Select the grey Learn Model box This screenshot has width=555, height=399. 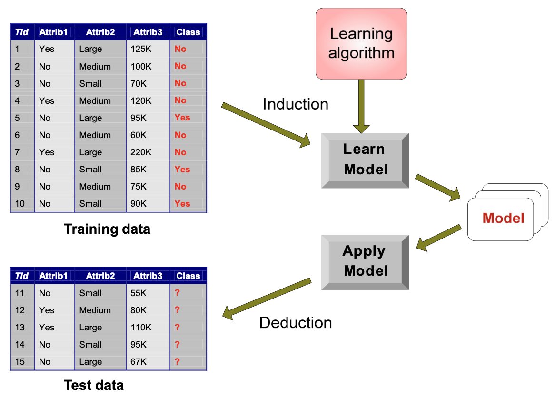[365, 160]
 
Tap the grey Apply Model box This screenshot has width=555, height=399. [365, 261]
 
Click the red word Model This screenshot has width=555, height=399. [503, 218]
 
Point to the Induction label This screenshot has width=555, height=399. [296, 104]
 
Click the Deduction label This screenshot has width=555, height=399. [296, 323]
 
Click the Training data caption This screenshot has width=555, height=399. [107, 229]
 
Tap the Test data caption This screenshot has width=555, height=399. [94, 385]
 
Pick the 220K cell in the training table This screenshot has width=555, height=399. [141, 152]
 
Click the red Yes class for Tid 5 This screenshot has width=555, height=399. [182, 118]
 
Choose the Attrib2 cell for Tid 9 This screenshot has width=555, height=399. [95, 187]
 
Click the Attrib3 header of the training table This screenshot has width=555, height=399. [148, 32]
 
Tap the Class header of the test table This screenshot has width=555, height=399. [188, 276]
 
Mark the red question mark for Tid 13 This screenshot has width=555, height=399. [177, 328]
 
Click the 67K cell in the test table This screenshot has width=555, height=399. [139, 362]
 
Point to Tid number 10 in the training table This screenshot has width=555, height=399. [20, 204]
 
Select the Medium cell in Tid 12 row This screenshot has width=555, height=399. [95, 310]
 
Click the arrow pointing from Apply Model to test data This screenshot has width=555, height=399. [267, 298]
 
